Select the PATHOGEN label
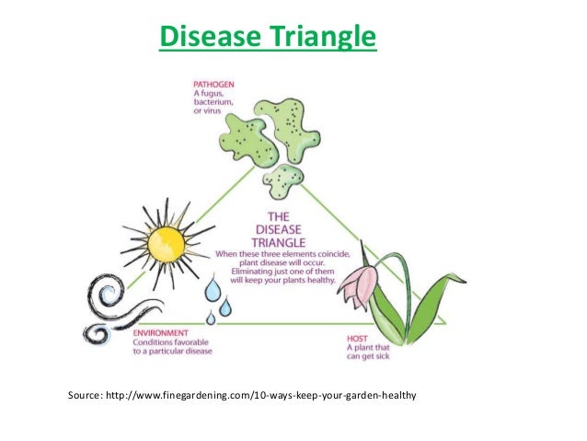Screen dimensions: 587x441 point(213,82)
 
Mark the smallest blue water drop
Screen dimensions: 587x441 point(211,318)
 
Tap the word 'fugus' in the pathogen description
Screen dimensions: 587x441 point(213,92)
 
